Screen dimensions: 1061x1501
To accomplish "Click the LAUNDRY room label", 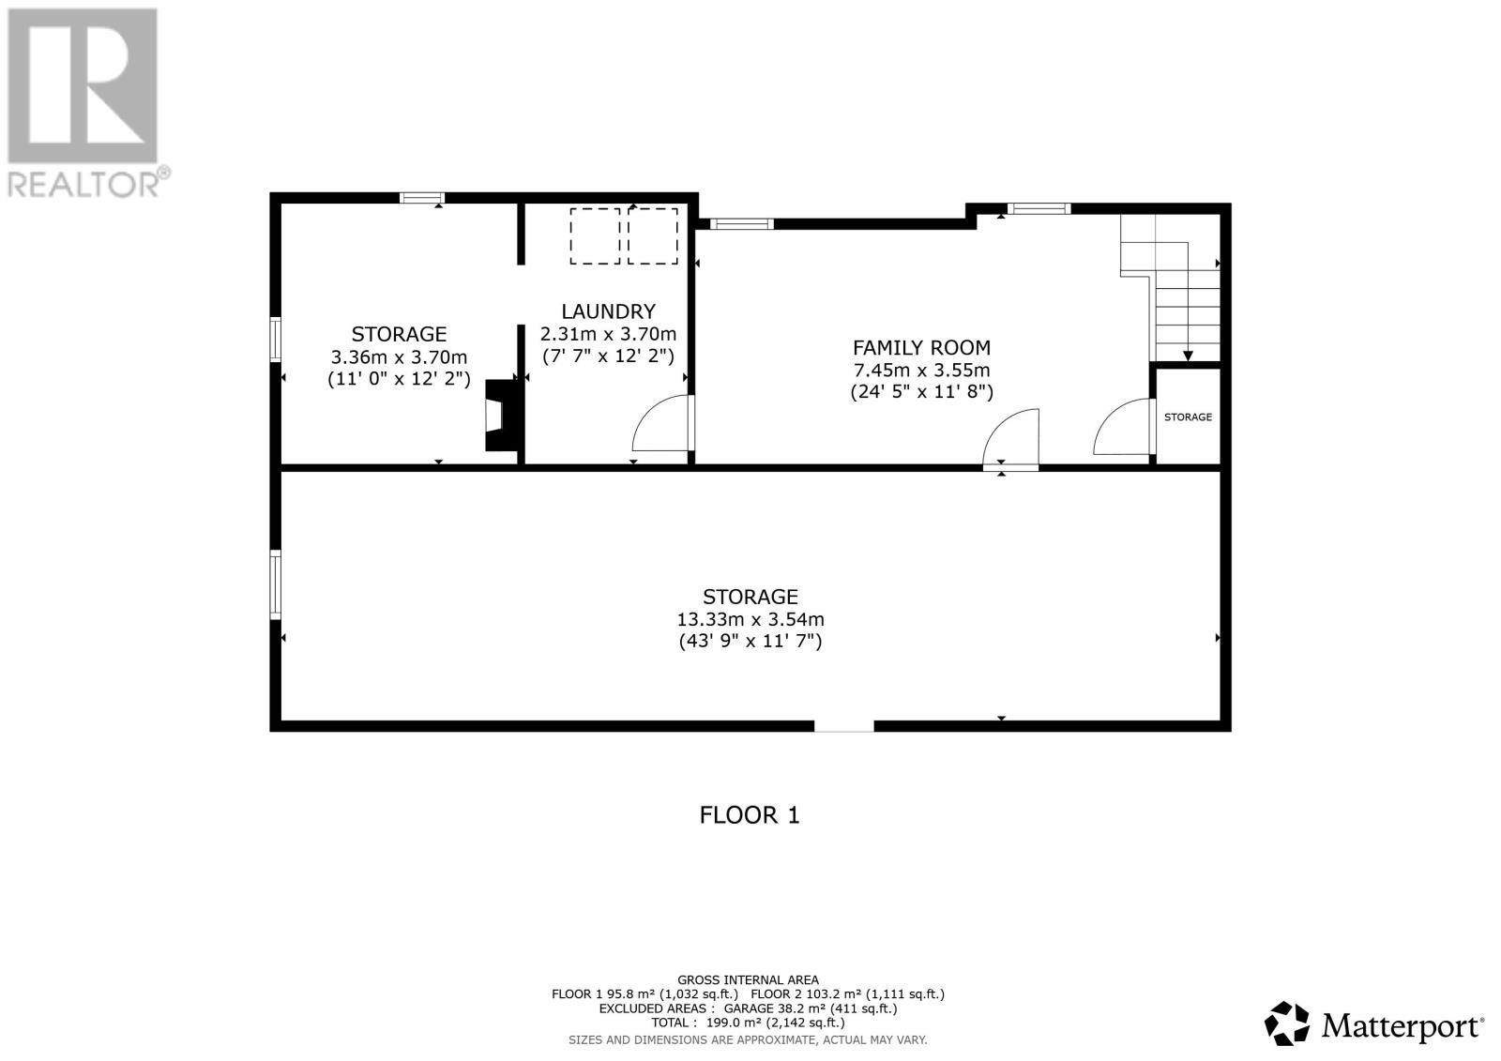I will [608, 311].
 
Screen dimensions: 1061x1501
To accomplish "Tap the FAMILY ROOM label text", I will [921, 348].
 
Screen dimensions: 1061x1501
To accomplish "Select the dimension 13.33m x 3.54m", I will [750, 619].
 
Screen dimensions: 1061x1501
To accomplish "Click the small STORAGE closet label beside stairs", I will [1188, 417].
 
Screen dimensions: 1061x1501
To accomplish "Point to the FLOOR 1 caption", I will [750, 814].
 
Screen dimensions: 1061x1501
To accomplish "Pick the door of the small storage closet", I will [1123, 428].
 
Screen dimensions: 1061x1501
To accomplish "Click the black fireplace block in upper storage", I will [500, 416].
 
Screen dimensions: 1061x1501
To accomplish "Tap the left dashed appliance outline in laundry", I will [595, 236].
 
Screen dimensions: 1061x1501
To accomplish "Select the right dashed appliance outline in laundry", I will [653, 236].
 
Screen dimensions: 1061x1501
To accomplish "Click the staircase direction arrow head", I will [1188, 356].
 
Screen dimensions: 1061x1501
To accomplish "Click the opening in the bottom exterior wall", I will [843, 725].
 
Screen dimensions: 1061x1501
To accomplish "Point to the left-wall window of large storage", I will [276, 584].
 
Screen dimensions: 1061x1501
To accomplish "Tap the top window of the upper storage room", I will [421, 197].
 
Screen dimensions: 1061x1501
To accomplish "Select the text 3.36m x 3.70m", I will [399, 356].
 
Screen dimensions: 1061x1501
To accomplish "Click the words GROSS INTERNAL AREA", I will [748, 979].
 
